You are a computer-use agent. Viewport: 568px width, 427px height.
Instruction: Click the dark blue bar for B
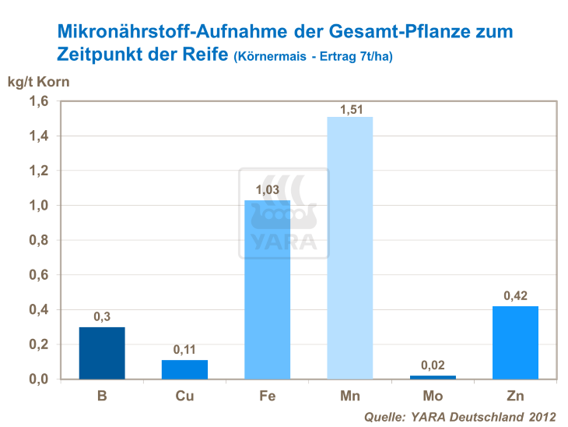(x=101, y=353)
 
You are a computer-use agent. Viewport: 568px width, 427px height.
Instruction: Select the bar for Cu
(x=184, y=369)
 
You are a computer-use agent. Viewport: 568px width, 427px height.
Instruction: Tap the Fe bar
(x=267, y=290)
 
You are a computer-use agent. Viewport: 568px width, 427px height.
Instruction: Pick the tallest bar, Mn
(x=349, y=248)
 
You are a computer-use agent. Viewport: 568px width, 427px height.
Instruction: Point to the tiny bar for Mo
(x=433, y=377)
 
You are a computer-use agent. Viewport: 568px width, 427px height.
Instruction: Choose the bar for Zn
(x=515, y=343)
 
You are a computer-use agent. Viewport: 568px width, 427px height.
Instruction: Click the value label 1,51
(x=350, y=109)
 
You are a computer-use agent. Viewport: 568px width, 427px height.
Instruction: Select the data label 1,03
(x=268, y=190)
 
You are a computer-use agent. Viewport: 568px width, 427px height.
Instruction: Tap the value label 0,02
(x=433, y=365)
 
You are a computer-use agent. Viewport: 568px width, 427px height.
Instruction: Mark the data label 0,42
(x=515, y=296)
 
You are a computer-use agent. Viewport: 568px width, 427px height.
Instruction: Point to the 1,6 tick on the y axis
(x=39, y=101)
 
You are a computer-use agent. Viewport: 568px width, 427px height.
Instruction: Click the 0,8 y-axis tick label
(x=39, y=240)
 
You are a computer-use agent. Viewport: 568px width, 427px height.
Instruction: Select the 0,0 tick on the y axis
(x=39, y=379)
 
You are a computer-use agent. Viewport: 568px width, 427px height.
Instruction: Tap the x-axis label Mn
(x=349, y=396)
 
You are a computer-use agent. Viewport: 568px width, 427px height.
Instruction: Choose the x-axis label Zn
(x=515, y=396)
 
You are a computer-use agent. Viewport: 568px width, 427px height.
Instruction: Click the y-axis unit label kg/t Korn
(x=39, y=80)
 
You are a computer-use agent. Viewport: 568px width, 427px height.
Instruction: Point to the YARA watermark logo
(x=283, y=212)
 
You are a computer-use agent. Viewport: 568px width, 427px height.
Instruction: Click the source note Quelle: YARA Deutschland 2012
(x=461, y=416)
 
